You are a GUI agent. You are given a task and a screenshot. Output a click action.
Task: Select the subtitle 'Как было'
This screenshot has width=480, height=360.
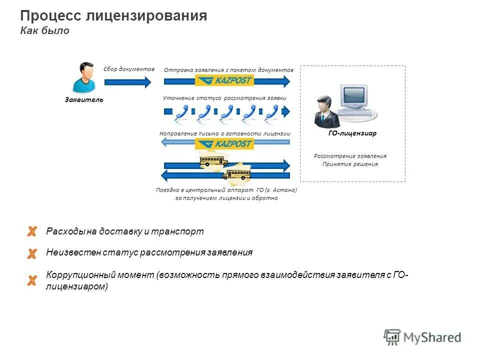tap(44, 31)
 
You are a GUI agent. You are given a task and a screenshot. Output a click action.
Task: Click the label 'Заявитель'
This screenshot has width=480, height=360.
tap(83, 99)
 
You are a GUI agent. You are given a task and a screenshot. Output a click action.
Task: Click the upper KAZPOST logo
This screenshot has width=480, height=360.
tap(224, 81)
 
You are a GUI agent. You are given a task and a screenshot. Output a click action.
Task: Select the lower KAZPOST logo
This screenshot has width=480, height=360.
tap(224, 143)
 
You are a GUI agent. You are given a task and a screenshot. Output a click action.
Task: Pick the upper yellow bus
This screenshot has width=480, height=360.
tap(213, 160)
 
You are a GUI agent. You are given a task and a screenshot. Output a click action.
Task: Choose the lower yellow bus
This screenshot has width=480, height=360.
tap(236, 174)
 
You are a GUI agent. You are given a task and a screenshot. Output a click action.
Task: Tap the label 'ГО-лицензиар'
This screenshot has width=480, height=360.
tap(352, 133)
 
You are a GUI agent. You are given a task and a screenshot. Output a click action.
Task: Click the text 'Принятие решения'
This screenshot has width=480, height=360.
tap(350, 164)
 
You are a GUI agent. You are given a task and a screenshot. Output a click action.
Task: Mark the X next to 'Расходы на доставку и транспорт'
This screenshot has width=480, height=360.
tap(32, 231)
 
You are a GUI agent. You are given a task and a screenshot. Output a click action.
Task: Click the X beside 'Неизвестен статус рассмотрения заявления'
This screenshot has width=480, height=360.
tap(32, 253)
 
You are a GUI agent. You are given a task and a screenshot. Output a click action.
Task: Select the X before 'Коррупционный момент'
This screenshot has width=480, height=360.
tap(32, 280)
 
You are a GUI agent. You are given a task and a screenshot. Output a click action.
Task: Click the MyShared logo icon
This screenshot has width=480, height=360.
tap(392, 337)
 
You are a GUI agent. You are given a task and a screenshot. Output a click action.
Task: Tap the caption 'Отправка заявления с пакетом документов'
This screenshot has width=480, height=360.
tap(228, 70)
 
